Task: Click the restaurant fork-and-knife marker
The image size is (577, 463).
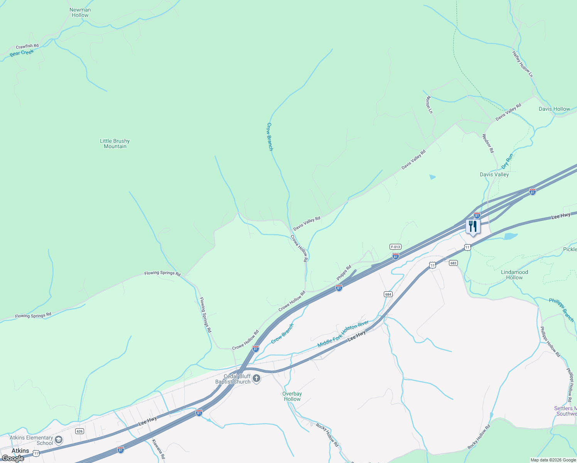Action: point(473,226)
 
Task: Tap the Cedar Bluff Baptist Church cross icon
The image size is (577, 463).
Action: point(256,379)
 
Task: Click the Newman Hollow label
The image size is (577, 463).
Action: point(80,13)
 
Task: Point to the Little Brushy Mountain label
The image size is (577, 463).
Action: point(115,144)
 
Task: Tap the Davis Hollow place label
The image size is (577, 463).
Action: point(554,109)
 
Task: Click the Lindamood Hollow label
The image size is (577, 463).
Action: point(515,275)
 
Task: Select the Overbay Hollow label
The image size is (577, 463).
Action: point(292,396)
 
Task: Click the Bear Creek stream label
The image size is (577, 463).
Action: point(22,53)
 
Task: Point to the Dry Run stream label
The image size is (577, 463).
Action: point(507,161)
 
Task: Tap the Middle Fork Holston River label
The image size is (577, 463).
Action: point(343,334)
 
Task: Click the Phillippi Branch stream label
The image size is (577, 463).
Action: point(562,310)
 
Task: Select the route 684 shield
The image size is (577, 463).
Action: point(388,294)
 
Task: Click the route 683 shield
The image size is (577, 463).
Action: point(453,263)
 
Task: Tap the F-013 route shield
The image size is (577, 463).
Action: point(395,247)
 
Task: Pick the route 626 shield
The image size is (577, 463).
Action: point(79,431)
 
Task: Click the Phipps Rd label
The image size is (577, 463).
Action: point(344,273)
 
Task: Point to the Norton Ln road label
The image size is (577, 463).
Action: point(429,105)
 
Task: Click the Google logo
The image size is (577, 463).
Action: point(13,458)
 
